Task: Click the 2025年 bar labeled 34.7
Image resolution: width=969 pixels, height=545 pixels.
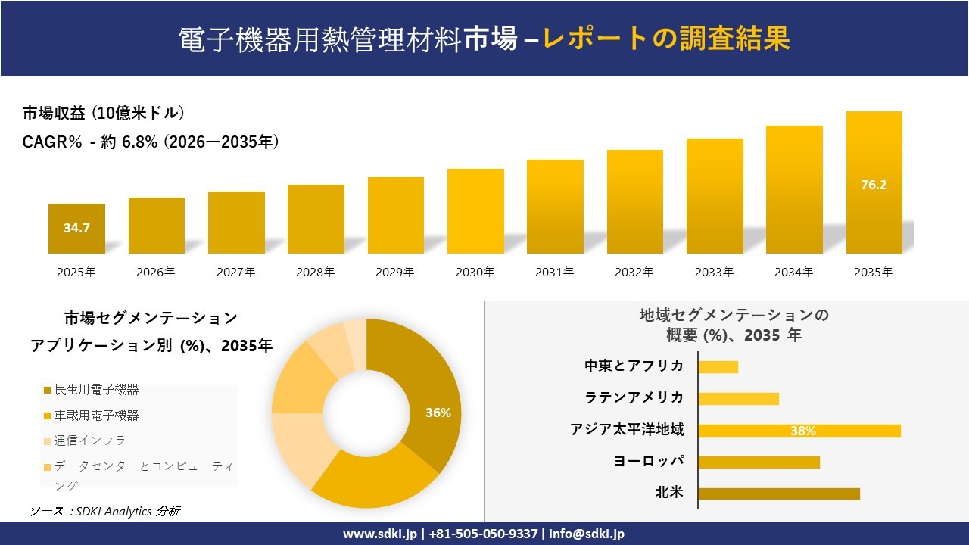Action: [76, 228]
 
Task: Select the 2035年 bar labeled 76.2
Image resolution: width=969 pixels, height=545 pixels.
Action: [874, 184]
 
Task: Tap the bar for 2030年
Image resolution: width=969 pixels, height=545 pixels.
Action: [475, 211]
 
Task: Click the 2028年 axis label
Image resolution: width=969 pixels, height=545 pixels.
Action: [316, 272]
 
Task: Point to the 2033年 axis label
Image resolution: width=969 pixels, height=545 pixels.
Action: [714, 272]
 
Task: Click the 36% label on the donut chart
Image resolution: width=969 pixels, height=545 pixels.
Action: [438, 413]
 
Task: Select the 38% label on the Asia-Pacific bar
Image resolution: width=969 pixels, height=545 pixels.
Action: [802, 431]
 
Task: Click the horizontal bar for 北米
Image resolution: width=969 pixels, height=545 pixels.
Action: [779, 494]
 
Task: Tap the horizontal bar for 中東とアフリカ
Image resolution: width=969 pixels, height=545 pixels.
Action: [718, 366]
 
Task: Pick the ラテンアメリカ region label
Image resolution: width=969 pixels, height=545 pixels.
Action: [634, 397]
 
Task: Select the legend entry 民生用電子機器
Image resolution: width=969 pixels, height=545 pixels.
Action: [96, 390]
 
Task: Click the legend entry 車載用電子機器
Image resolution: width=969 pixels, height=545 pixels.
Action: [96, 416]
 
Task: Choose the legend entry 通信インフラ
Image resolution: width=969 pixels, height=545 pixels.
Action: [89, 441]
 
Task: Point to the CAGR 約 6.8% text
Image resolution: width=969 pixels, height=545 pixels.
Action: [151, 142]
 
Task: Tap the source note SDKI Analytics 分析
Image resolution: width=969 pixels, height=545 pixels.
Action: [105, 511]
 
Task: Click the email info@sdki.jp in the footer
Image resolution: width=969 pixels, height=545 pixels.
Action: [587, 534]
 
